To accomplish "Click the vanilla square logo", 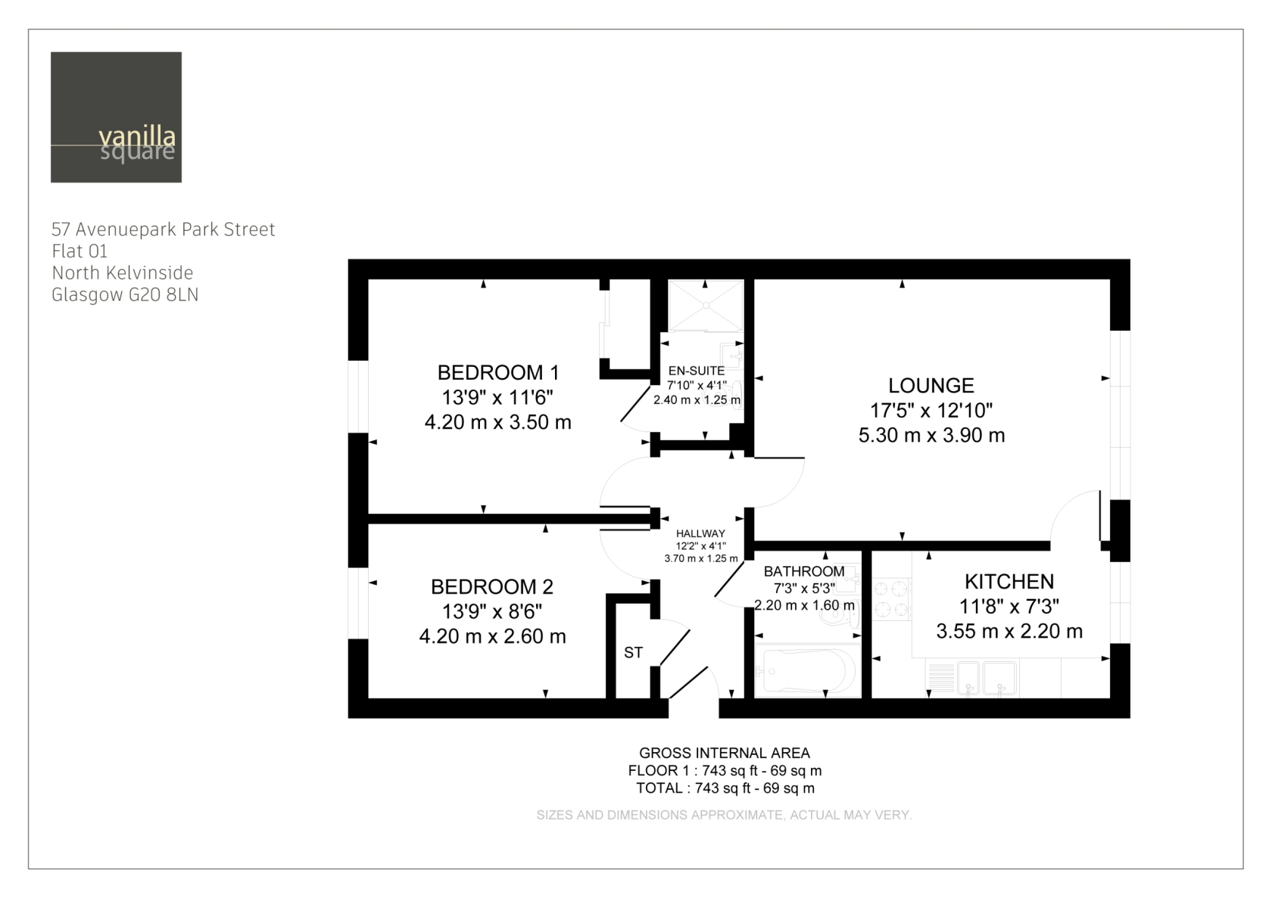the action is (x=116, y=117).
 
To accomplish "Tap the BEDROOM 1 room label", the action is (x=498, y=373).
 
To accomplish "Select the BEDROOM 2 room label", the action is (x=492, y=586).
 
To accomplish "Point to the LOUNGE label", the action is (x=931, y=386).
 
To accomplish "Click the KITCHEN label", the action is (x=1009, y=582).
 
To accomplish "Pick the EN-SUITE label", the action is (x=697, y=371).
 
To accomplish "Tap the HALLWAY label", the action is (x=701, y=533).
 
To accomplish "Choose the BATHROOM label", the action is (x=804, y=571).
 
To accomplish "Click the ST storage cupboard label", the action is (x=633, y=653).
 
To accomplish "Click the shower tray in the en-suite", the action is (x=706, y=305).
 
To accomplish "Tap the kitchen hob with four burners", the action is (x=892, y=599).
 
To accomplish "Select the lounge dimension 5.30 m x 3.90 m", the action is (x=931, y=435).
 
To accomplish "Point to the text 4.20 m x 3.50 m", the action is (x=498, y=422).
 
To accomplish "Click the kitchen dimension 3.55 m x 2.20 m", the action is (x=1009, y=631).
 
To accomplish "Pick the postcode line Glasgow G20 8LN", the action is (x=125, y=295).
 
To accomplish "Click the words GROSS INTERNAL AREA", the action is (x=725, y=753).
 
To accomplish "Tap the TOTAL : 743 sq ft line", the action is (x=725, y=788).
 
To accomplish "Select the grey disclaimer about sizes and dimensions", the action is (x=724, y=816).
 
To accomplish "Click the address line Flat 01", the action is (x=79, y=251).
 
